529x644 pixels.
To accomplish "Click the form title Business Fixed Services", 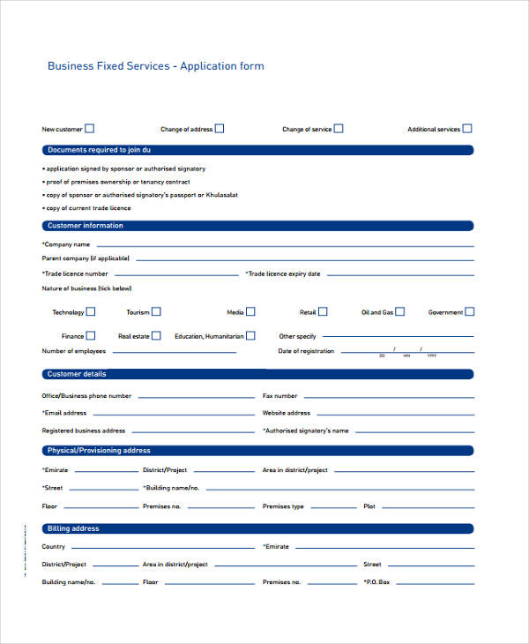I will coord(155,66).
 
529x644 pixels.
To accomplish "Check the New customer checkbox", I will coord(89,128).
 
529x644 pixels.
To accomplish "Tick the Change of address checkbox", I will coord(220,128).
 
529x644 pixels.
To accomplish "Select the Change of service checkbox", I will coord(339,128).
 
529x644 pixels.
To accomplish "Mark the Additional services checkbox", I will coord(467,128).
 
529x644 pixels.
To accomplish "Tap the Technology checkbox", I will coord(91,311).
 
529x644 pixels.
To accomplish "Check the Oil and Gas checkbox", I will coord(400,311).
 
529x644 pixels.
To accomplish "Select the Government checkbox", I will coord(469,311).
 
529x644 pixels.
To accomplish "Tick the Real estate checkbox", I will coord(156,335).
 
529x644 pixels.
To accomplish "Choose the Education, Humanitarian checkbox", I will coord(250,335).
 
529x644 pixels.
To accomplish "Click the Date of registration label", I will coord(306,351).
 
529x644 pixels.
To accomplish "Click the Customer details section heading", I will coord(77,374).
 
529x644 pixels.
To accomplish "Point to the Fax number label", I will coord(279,396).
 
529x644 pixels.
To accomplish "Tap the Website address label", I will coord(286,413).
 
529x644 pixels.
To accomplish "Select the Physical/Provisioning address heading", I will coord(99,451).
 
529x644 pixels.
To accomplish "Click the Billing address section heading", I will coord(73,528).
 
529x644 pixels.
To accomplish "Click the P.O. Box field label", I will coord(376,582).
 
